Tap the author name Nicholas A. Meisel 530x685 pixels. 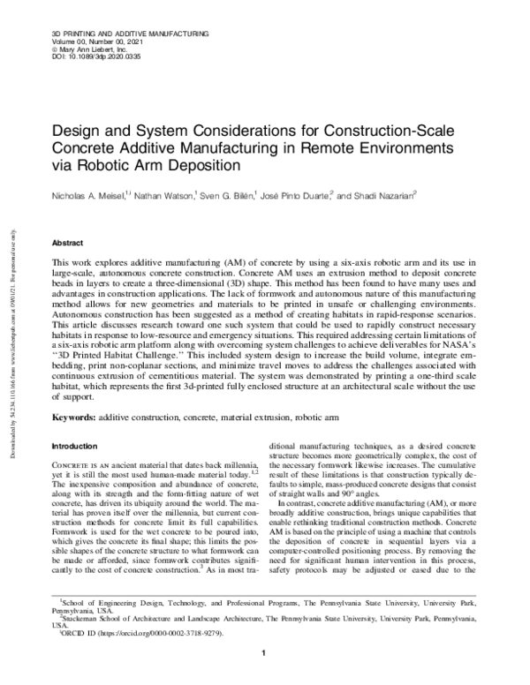click(x=87, y=194)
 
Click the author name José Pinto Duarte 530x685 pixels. click(x=298, y=194)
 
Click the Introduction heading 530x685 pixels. click(x=76, y=447)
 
